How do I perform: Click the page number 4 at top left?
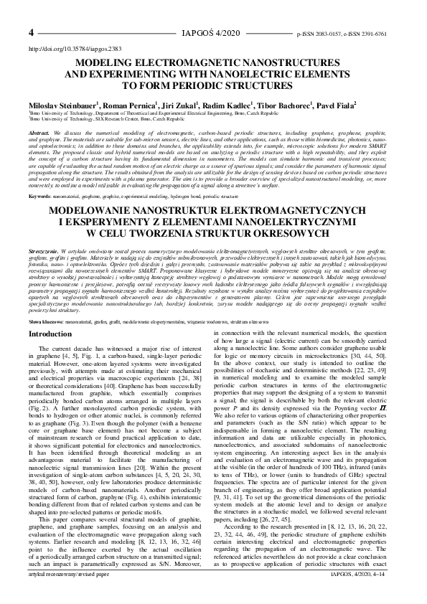[32, 33]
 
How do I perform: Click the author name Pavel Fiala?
[334, 104]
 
